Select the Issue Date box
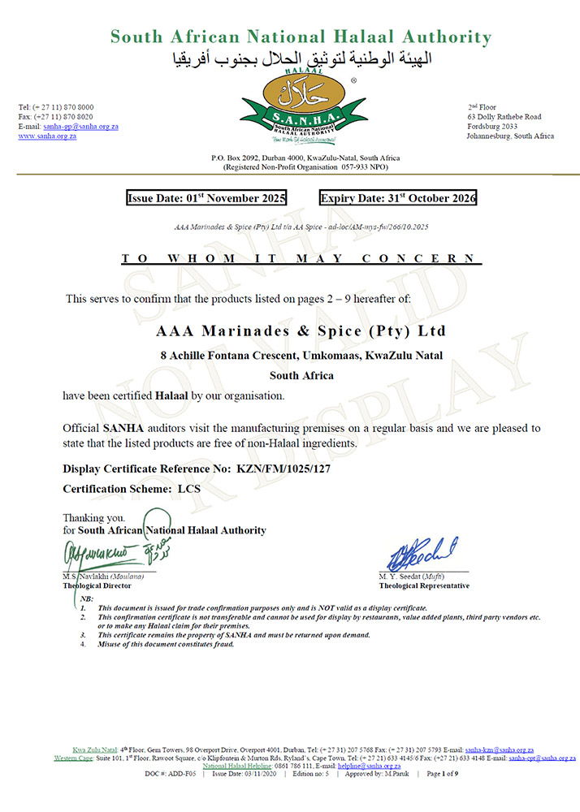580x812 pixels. coord(211,198)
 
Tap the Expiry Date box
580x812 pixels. coord(398,198)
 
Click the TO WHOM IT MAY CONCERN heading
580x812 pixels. coord(301,259)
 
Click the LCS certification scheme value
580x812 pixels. coord(188,490)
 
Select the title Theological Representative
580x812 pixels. coord(423,585)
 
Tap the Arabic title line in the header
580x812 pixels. coord(301,58)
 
